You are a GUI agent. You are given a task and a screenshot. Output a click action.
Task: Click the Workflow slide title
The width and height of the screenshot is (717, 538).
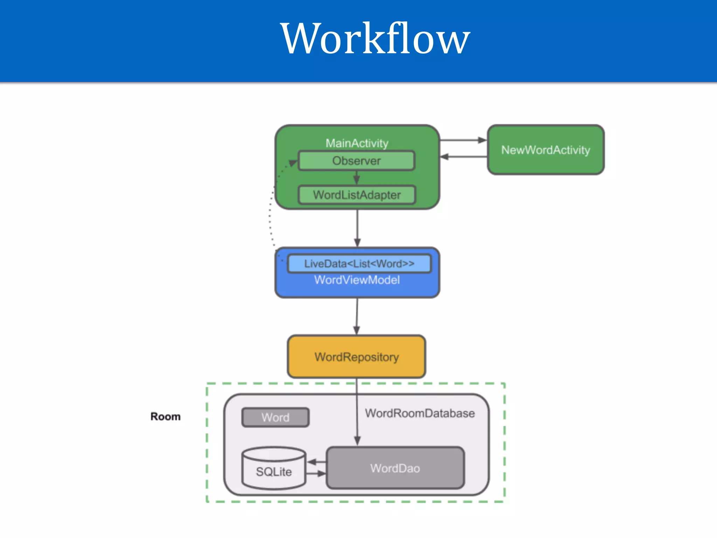tap(375, 39)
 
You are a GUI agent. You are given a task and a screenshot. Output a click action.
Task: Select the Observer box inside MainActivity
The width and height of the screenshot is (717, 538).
tap(356, 161)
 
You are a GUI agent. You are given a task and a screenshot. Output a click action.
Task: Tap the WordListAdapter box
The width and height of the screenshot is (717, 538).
tap(356, 195)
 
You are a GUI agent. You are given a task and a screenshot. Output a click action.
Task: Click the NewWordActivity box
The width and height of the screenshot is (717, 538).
tap(545, 150)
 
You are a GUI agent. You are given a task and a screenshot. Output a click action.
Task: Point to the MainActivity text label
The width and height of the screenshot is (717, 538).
tap(357, 143)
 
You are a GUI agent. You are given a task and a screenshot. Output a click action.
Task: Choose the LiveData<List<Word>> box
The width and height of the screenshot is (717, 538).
tap(359, 263)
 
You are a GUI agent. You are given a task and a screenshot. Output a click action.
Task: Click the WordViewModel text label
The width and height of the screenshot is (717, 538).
tap(357, 280)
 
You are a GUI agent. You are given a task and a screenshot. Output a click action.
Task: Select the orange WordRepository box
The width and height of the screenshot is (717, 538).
tap(356, 357)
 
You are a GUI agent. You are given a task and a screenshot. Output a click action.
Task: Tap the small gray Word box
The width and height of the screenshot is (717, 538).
tap(276, 417)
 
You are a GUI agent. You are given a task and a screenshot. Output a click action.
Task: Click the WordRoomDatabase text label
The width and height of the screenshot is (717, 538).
tap(420, 413)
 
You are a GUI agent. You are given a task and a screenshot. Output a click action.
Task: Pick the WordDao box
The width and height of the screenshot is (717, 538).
tap(395, 468)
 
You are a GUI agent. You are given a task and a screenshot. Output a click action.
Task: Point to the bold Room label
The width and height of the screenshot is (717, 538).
tap(166, 416)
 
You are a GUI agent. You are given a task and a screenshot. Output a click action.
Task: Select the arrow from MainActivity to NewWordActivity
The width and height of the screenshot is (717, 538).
tap(463, 140)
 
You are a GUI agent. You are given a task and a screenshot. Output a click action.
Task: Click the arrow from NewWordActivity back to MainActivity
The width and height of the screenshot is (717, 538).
tap(463, 157)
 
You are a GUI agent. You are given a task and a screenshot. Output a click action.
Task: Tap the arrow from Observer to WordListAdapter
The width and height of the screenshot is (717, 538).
tap(356, 178)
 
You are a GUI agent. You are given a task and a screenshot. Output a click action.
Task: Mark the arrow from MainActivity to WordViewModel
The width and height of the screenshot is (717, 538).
tap(357, 228)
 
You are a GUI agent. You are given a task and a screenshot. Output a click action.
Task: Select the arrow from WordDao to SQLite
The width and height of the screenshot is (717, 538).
tap(316, 462)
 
